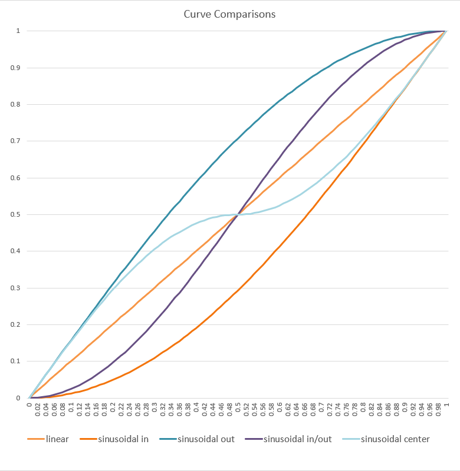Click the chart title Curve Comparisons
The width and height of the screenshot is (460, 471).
pyautogui.click(x=229, y=14)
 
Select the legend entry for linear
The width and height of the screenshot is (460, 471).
pyautogui.click(x=57, y=439)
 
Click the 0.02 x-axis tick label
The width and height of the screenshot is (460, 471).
pyautogui.click(x=37, y=411)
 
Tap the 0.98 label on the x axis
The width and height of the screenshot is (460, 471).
pyautogui.click(x=439, y=411)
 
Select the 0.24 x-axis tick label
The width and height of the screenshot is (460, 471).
pyautogui.click(x=129, y=411)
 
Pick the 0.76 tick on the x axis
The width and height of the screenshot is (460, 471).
pyautogui.click(x=347, y=411)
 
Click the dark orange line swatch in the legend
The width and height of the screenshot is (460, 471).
pyautogui.click(x=87, y=439)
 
